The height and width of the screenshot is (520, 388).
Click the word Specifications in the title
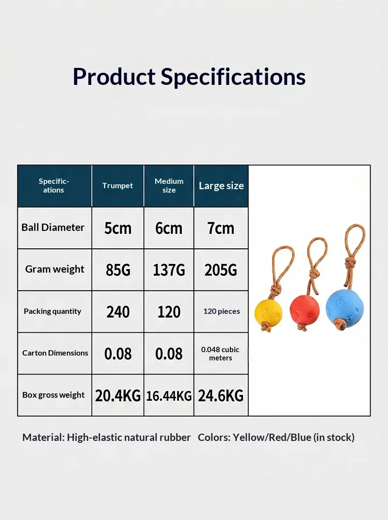click(x=233, y=77)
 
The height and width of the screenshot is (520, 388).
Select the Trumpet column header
click(x=117, y=185)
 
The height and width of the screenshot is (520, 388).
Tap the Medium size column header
click(x=169, y=186)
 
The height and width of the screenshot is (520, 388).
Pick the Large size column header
click(x=221, y=186)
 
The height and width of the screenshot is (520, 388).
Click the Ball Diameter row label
click(x=53, y=227)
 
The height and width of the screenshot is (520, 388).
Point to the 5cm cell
click(x=118, y=228)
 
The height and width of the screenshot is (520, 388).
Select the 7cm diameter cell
click(x=221, y=228)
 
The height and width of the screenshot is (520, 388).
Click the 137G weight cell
click(x=169, y=270)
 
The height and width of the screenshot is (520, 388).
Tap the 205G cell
click(x=221, y=270)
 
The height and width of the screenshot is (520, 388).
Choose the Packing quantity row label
click(x=52, y=311)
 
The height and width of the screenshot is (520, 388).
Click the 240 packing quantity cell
click(x=118, y=312)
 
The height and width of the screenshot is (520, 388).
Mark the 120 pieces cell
click(x=222, y=311)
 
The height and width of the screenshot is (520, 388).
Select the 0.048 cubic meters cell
click(x=220, y=354)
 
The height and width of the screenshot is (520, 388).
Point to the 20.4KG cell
click(x=118, y=396)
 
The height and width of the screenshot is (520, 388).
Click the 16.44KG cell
click(x=169, y=396)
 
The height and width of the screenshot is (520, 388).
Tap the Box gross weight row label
click(x=53, y=395)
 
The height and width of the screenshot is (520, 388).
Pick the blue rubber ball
click(x=344, y=307)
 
